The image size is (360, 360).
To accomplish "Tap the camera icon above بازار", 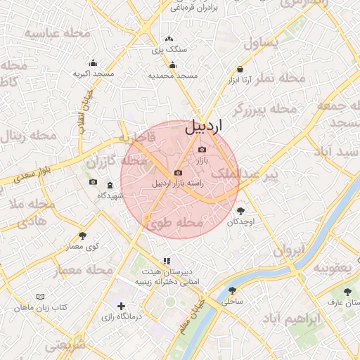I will click(x=202, y=149).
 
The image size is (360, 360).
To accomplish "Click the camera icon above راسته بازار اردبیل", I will click(x=178, y=173).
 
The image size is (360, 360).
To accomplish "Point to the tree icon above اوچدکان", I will click(x=241, y=210).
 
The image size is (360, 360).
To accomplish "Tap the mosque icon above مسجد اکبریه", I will click(x=94, y=63).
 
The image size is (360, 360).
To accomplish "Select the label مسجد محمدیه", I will click(x=172, y=75).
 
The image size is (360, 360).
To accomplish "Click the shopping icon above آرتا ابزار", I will click(x=240, y=70).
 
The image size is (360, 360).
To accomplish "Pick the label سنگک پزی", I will click(x=169, y=51).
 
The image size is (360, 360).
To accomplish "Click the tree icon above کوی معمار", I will click(x=83, y=236).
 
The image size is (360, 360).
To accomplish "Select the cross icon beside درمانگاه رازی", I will click(x=122, y=307).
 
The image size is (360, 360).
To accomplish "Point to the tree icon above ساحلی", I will click(x=232, y=290).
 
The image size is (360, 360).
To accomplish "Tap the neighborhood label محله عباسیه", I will click(x=58, y=33).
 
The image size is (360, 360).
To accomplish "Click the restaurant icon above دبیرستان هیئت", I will click(x=166, y=261).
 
